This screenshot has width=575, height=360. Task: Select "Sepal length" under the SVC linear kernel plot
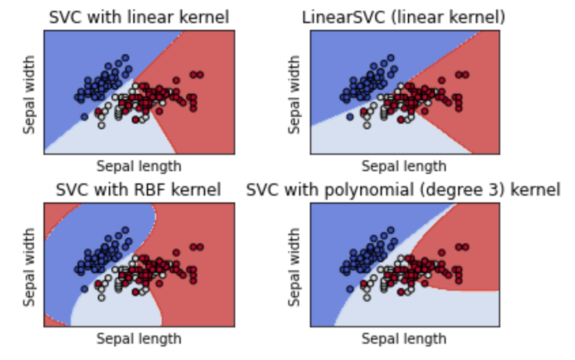click(x=139, y=166)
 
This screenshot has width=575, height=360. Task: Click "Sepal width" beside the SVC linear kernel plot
click(x=29, y=92)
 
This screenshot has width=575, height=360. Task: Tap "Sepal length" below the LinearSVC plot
click(x=404, y=166)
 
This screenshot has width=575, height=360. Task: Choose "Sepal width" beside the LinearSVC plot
click(x=294, y=92)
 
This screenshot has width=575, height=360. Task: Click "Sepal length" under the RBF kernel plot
click(x=139, y=338)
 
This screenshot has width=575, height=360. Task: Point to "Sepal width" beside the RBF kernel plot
click(x=29, y=264)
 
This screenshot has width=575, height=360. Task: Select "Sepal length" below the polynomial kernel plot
click(x=404, y=338)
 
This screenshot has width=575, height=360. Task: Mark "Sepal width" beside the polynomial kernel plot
click(x=294, y=264)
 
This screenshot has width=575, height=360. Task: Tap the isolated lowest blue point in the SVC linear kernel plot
click(x=84, y=117)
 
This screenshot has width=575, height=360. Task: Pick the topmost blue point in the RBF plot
click(x=125, y=230)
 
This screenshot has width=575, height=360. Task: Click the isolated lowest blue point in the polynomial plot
click(x=349, y=289)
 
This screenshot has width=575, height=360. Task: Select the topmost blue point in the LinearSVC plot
click(x=390, y=58)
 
